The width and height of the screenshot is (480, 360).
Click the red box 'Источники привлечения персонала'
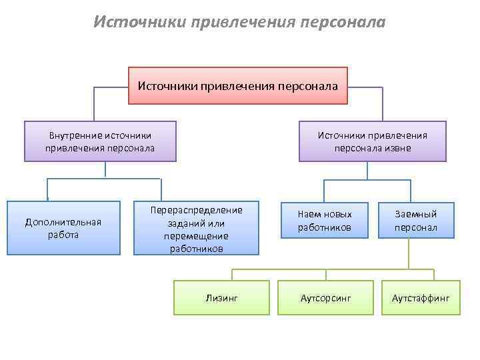point(238,85)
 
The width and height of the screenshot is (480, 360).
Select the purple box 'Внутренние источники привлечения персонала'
point(100,141)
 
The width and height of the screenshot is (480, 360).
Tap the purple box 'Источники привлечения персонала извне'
point(372,141)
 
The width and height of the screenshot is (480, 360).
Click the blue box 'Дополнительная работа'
point(63,228)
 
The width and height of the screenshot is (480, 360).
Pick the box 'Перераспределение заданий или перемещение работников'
point(196,229)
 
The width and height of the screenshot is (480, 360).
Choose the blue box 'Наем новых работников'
point(324,221)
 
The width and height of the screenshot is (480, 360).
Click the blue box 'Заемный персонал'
point(415,221)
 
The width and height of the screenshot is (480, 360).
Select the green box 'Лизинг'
point(221,297)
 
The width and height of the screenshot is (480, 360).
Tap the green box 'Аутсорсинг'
point(325,297)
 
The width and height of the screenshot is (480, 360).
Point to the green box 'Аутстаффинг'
point(421,297)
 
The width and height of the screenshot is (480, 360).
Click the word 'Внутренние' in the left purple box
point(76,135)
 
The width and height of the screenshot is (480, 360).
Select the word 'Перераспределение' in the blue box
point(196,210)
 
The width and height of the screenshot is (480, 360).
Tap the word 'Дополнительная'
point(63,222)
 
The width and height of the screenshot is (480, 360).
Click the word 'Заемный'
point(415,214)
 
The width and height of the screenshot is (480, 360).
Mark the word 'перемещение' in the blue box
point(196,235)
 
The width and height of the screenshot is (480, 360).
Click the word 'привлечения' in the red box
point(237,85)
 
